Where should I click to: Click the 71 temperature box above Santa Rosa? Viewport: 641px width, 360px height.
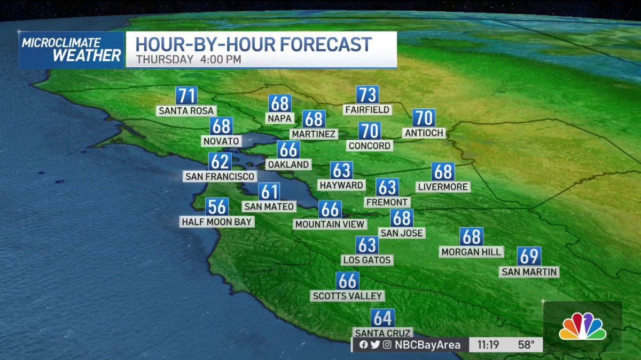[186, 96]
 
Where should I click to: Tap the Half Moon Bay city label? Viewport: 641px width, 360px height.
[216, 221]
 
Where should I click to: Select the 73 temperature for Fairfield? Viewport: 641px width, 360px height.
[368, 95]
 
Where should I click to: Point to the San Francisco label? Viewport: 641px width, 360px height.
[220, 176]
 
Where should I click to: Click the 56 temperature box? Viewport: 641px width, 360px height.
[217, 206]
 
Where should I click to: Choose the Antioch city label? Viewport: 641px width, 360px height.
[424, 133]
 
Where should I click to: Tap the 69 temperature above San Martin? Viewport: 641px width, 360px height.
[529, 257]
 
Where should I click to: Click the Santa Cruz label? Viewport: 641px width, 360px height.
[382, 333]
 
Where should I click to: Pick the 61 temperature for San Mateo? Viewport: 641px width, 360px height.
[269, 191]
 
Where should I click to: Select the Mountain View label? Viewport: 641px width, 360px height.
[330, 224]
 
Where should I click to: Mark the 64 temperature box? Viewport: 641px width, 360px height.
[383, 318]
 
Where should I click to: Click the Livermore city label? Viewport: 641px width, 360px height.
[443, 187]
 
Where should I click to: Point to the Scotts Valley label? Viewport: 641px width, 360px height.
[348, 295]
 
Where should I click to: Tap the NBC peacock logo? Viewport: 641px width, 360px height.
[582, 326]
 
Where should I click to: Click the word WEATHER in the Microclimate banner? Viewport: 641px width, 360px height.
[87, 55]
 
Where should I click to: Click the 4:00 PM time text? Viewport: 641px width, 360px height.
[221, 59]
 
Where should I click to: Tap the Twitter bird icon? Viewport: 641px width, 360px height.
[375, 345]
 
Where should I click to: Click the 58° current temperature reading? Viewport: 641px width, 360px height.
[526, 345]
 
